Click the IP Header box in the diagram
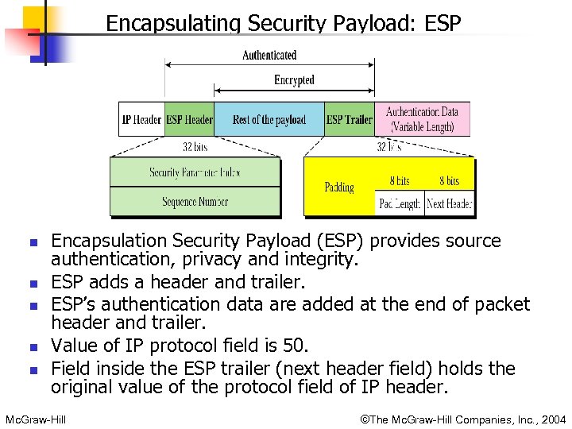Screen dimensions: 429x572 tap(141, 120)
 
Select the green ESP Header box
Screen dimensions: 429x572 tap(189, 120)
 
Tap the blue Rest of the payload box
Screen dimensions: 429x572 tap(269, 120)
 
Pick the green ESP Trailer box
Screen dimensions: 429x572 tap(349, 120)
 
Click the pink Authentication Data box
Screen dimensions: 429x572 tap(421, 119)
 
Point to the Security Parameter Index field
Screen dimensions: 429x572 tap(195, 172)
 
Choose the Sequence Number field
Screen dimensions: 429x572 tap(195, 202)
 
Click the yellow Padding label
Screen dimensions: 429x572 tap(339, 187)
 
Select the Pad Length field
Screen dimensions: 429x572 tap(399, 203)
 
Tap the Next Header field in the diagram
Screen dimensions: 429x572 tap(449, 203)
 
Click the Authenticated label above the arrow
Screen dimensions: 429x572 tap(269, 56)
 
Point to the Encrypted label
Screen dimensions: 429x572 tap(294, 80)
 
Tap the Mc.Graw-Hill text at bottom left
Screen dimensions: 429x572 tap(35, 419)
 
